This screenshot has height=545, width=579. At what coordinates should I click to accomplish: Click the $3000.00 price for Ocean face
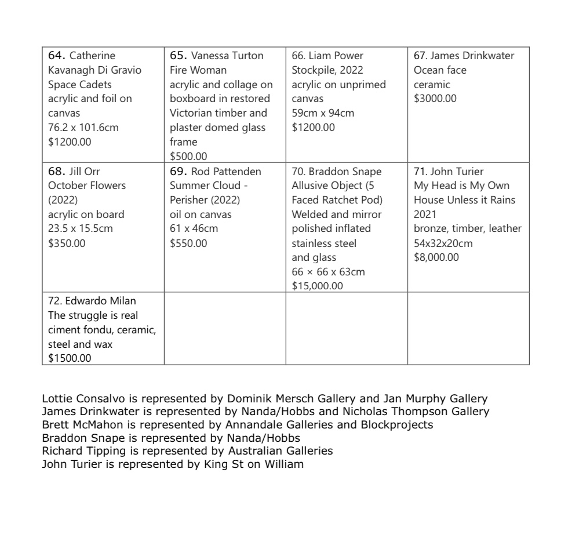pos(435,99)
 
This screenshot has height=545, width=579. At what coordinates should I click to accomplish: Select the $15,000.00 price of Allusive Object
pos(317,286)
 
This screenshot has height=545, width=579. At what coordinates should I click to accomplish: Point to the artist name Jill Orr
pos(85,172)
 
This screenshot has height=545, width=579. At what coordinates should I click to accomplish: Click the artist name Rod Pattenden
pos(226,172)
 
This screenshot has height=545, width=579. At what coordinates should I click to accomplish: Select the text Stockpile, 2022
pos(327,70)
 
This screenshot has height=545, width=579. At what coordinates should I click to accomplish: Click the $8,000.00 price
pos(436,257)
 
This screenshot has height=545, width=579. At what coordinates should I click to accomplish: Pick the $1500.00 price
pos(70,358)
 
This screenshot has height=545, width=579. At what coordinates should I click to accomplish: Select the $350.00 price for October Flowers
pos(67,243)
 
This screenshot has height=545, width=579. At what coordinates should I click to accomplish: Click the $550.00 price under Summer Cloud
pos(188,243)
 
